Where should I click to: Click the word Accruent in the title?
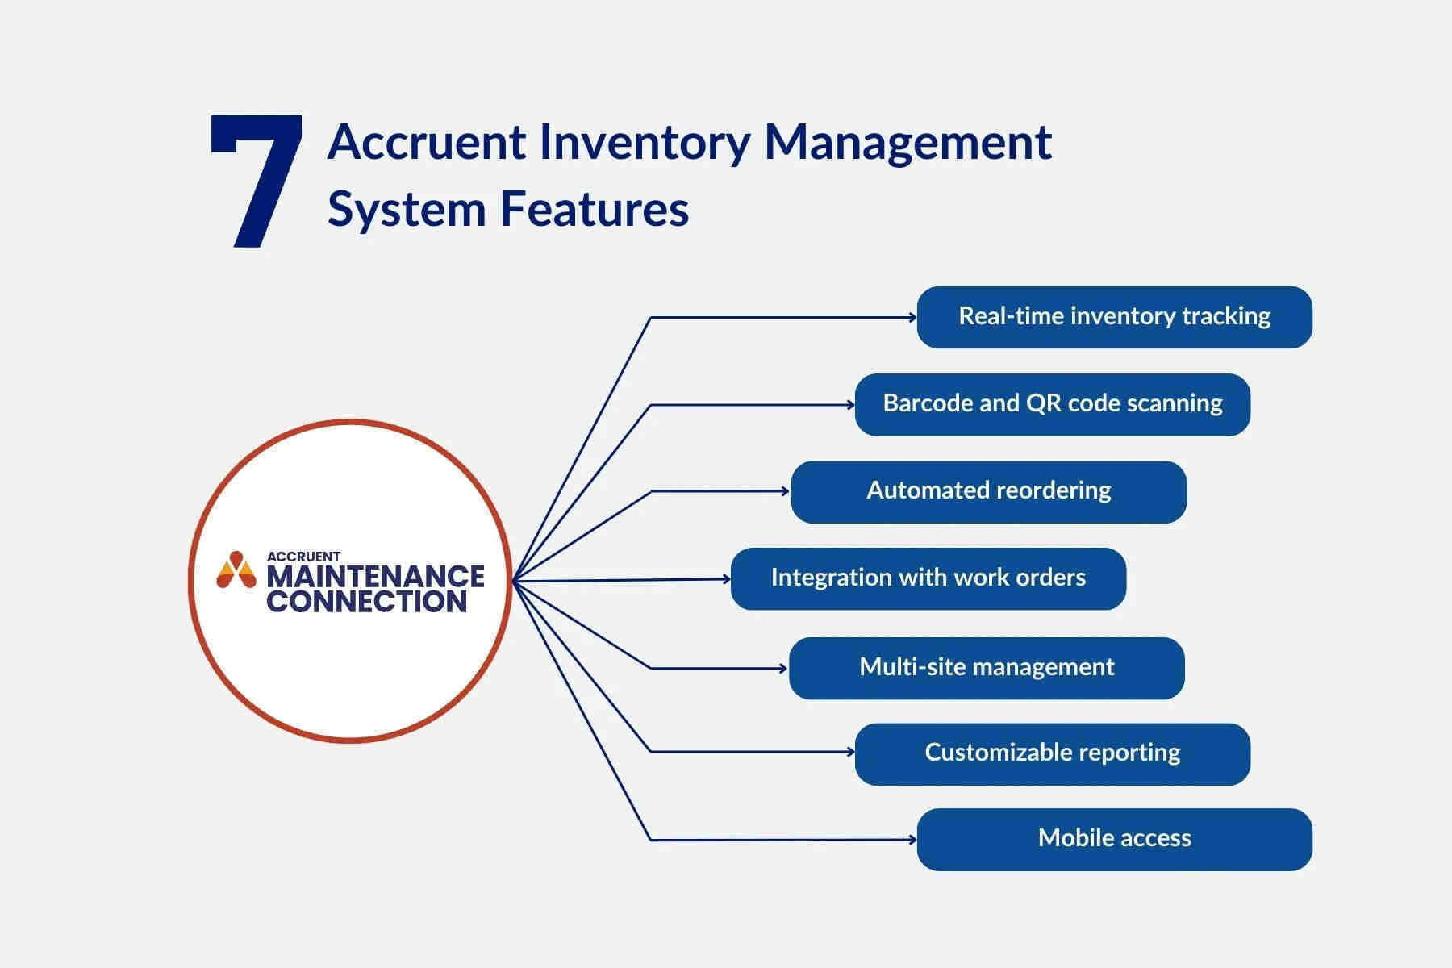point(427,142)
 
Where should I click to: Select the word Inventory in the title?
point(643,144)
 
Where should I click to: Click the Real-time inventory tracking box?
point(1114,317)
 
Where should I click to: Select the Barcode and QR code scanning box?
point(1052,404)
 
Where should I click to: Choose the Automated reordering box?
point(988,491)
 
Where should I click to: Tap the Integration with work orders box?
point(928,578)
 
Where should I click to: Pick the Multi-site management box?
point(986,668)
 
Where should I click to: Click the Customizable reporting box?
point(1052,753)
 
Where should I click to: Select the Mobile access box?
point(1114,839)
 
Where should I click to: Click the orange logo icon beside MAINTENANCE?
point(236,570)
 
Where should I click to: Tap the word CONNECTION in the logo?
point(366,602)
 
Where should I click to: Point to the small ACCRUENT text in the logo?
point(303,557)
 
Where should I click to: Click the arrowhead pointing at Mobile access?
point(912,840)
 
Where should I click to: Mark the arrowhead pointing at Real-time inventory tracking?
point(912,318)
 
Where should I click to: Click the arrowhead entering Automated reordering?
point(786,491)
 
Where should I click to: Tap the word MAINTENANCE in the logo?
point(375,577)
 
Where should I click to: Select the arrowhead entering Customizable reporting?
point(850,752)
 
